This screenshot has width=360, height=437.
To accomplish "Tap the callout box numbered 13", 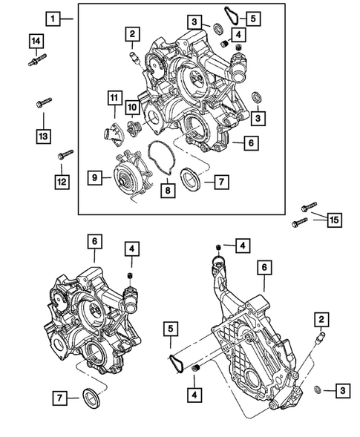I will [x=44, y=136].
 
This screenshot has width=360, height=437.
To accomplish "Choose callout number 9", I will [x=95, y=177].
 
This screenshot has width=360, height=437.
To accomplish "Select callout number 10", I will [x=131, y=108].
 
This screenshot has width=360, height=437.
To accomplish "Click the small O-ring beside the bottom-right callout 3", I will [x=318, y=389].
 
